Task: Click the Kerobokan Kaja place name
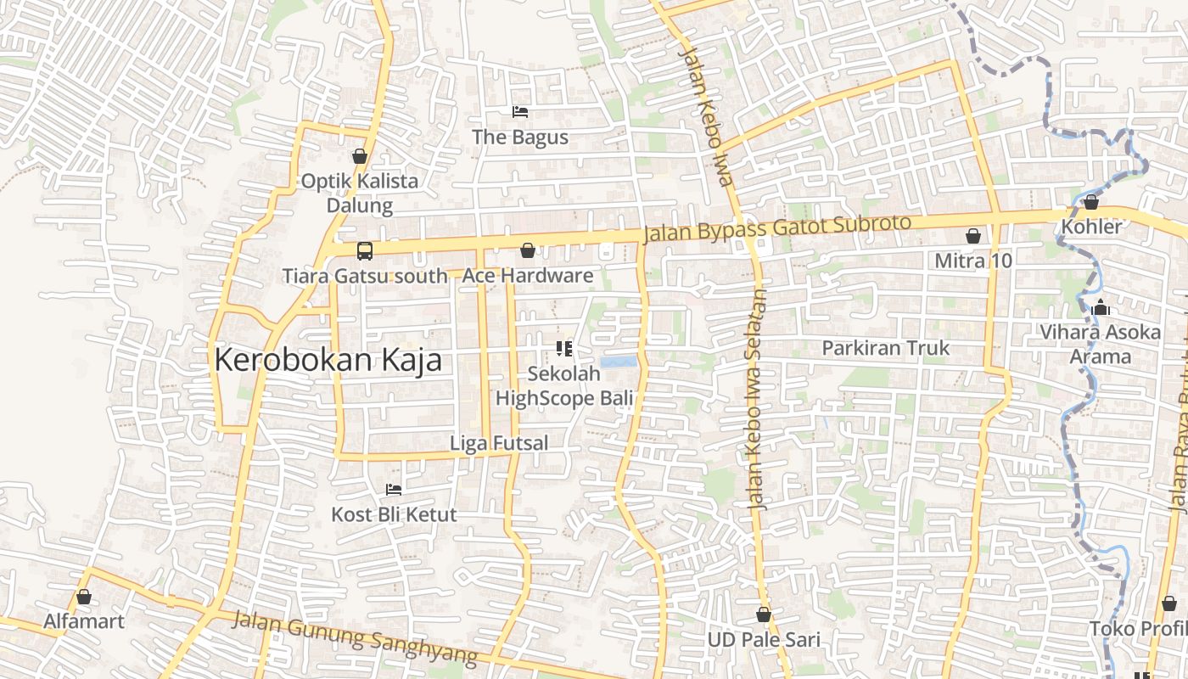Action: pos(328,360)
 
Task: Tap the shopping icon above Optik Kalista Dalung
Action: pos(360,156)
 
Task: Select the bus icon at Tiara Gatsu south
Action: pos(365,250)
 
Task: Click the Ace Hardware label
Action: pos(527,275)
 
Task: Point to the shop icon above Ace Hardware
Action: pos(528,250)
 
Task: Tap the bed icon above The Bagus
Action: pos(520,111)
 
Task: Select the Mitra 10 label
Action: pos(973,261)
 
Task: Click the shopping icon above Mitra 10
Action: pos(973,236)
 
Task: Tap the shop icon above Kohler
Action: pos(1091,202)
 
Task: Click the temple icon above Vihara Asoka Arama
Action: pos(1101,308)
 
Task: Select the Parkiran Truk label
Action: pos(886,348)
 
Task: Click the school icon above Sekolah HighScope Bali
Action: pos(563,348)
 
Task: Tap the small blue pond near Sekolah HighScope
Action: pos(618,362)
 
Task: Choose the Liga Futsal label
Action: pos(498,442)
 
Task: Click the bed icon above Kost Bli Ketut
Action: pos(394,489)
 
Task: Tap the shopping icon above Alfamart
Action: pos(84,597)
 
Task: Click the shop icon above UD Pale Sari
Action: pos(764,614)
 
